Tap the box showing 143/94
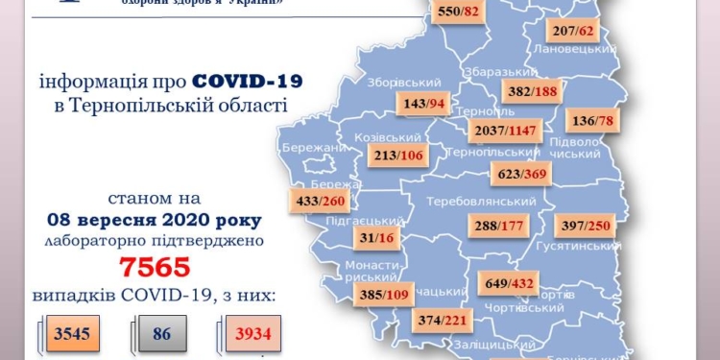coord(421,104)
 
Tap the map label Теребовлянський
coord(487,202)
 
